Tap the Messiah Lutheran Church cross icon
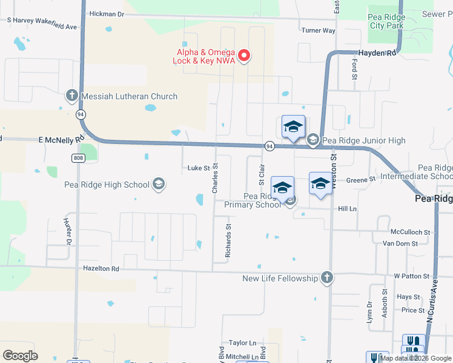tap(71, 96)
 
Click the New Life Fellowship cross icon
tap(327, 278)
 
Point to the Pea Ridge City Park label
tap(386, 21)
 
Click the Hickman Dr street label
tap(106, 13)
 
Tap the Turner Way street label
tap(318, 30)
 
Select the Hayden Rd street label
tap(377, 53)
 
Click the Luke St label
tap(198, 168)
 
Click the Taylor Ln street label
tap(243, 342)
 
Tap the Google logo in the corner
tap(20, 356)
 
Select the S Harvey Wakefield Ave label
tap(42, 27)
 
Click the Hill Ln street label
tap(347, 208)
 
